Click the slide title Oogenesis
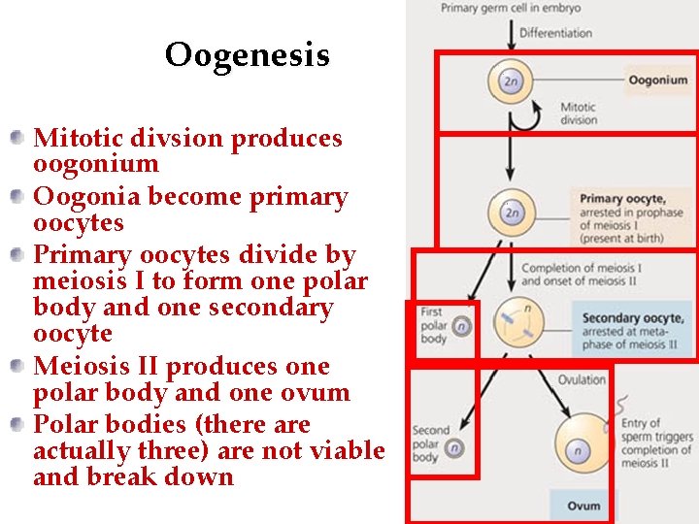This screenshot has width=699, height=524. click(x=247, y=55)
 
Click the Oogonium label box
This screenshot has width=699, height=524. click(x=656, y=81)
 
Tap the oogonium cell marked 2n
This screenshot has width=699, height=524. click(x=510, y=81)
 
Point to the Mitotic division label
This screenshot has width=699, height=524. click(x=579, y=114)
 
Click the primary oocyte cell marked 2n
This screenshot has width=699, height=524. click(x=513, y=212)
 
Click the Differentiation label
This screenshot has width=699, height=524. click(x=555, y=33)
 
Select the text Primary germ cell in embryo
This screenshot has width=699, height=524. click(x=511, y=9)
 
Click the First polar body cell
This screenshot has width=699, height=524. click(x=462, y=327)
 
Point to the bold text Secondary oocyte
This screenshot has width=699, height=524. click(x=632, y=318)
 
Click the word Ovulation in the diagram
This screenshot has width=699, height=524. click(x=582, y=379)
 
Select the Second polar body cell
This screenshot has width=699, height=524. click(x=453, y=448)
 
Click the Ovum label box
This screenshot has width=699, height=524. click(x=583, y=506)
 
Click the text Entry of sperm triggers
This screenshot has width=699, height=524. click(x=656, y=437)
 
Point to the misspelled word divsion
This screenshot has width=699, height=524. click(x=189, y=139)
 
